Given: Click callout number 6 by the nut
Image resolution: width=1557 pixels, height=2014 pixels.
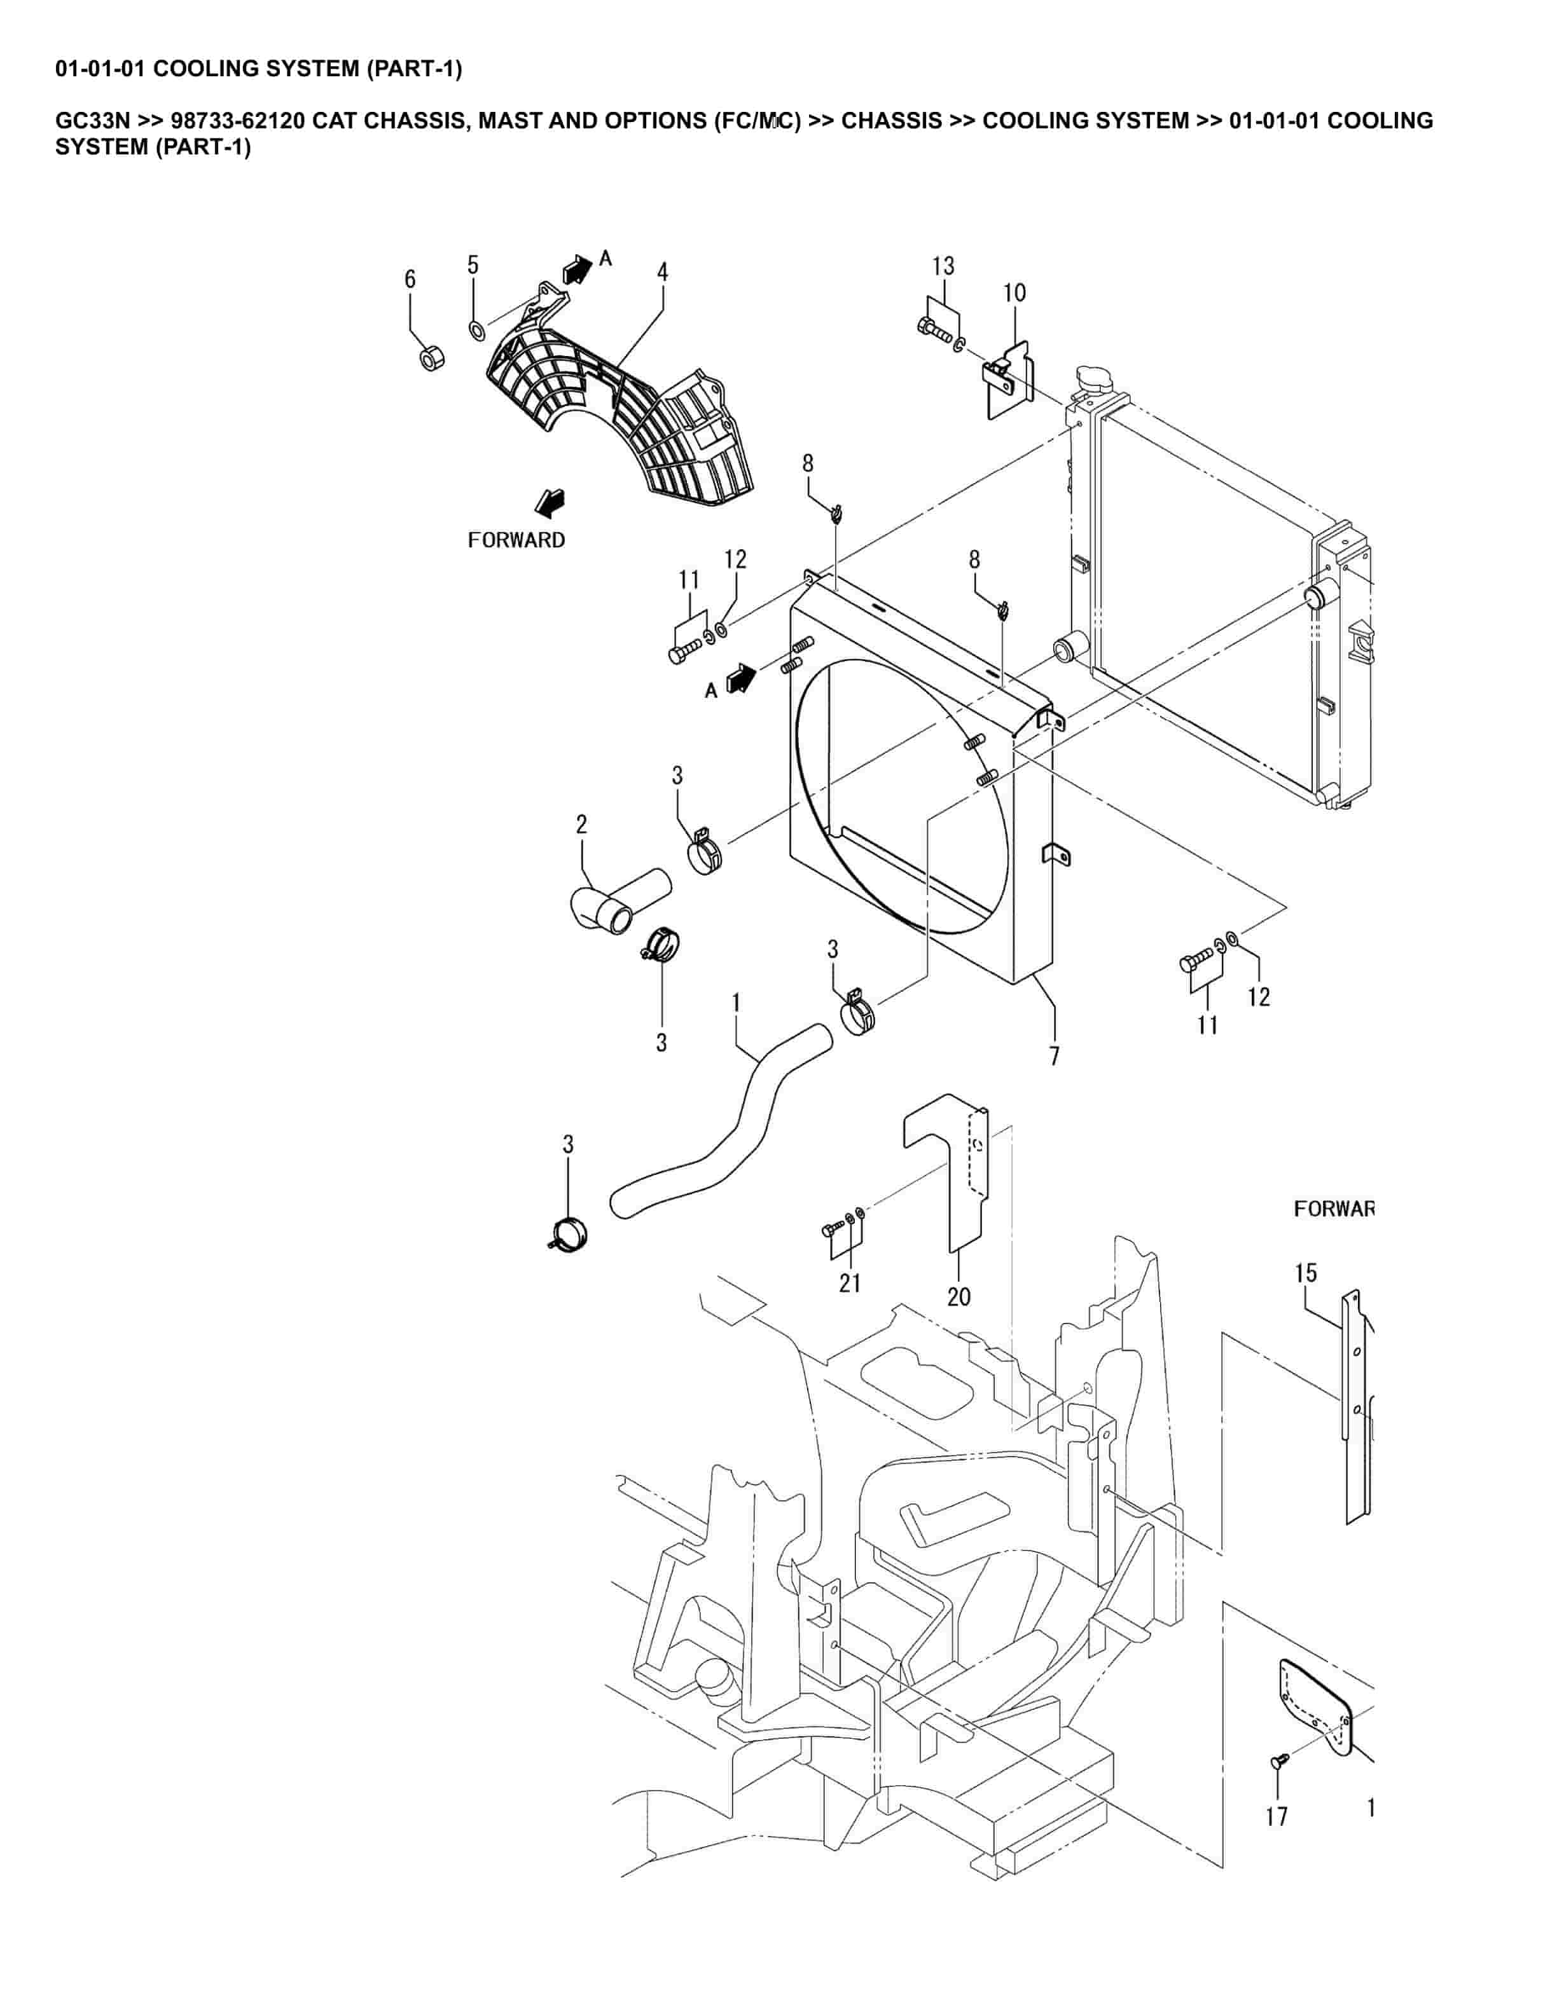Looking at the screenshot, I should point(410,280).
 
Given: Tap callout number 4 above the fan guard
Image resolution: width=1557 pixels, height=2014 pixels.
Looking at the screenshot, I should point(662,272).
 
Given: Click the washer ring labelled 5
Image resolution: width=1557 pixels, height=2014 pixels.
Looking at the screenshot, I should point(476,330).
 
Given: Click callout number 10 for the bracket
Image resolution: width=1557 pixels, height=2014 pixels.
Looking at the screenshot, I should point(1014,293).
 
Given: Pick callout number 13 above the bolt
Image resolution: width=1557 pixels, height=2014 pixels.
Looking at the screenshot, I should point(943,266).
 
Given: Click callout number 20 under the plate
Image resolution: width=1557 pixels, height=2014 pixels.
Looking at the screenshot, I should point(958,1296).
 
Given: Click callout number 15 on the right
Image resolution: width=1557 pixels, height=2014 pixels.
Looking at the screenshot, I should point(1305,1273).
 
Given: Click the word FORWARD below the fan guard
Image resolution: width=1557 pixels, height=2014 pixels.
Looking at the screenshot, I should point(516,540).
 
